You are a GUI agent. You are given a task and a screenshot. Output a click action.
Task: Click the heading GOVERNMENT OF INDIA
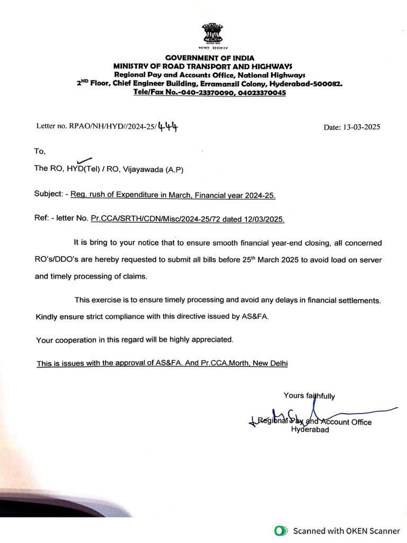(210, 58)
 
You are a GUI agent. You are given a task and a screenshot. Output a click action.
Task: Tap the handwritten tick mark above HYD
(84, 160)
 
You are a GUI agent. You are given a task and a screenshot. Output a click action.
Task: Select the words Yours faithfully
(309, 396)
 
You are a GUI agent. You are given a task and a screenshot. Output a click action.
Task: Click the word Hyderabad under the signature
(310, 430)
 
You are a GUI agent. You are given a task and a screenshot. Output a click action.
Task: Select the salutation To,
(40, 151)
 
